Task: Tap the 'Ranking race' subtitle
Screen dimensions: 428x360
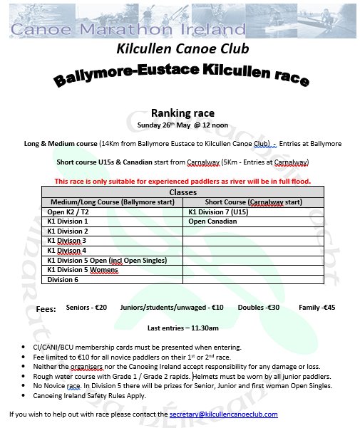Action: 179,113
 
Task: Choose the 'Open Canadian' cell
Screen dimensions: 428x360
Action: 212,221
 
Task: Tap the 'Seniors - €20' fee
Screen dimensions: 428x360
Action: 86,308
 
